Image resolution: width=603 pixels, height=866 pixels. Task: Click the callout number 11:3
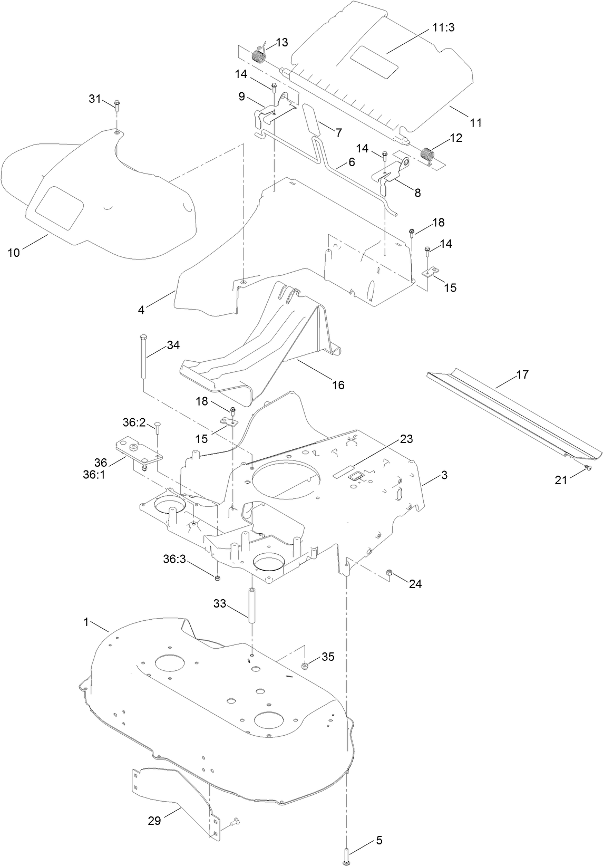click(x=444, y=28)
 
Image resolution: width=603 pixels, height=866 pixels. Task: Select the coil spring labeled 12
click(x=427, y=155)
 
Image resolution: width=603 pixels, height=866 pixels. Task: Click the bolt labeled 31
click(x=117, y=105)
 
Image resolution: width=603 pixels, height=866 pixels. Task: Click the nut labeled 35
click(x=304, y=666)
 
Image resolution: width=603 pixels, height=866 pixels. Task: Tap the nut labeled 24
click(x=390, y=573)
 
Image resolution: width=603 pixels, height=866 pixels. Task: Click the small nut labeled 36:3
click(x=218, y=578)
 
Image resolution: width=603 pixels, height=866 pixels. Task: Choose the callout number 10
click(x=14, y=253)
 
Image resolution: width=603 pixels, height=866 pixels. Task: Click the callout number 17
click(x=522, y=374)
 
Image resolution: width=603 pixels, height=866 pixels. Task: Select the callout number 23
click(x=406, y=439)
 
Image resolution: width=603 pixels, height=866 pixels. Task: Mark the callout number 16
click(x=338, y=385)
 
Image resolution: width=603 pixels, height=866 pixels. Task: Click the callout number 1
click(x=86, y=622)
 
